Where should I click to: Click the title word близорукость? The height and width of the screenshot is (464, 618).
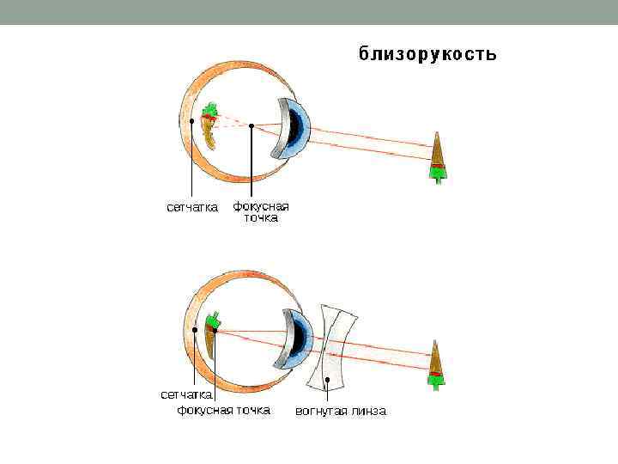click(x=427, y=54)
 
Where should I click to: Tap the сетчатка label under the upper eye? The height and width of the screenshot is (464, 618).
click(x=191, y=207)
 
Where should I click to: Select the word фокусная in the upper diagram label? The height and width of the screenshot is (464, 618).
click(x=261, y=206)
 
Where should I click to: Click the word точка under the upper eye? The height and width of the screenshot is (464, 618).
click(x=260, y=218)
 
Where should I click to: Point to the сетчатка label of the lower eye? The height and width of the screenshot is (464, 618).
click(x=186, y=394)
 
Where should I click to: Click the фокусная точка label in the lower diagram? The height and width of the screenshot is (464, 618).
click(x=223, y=410)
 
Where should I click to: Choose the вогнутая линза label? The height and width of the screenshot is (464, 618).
click(x=341, y=411)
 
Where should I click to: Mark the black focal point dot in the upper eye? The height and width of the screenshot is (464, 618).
click(x=251, y=127)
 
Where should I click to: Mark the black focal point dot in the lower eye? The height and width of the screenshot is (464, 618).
click(x=216, y=329)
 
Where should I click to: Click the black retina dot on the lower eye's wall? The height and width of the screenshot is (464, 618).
click(x=197, y=329)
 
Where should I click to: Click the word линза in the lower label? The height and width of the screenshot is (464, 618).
click(x=370, y=411)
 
